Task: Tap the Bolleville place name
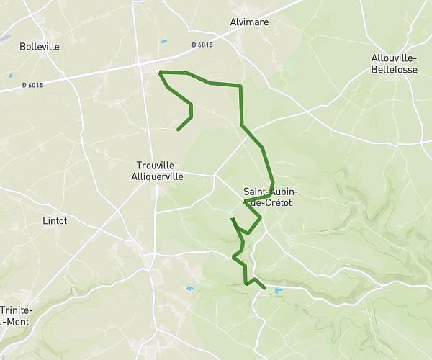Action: [40, 46]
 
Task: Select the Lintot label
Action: [55, 221]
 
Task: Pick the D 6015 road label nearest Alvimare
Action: [202, 45]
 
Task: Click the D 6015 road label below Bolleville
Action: [32, 85]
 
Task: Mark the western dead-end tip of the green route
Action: [178, 130]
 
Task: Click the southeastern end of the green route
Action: [265, 288]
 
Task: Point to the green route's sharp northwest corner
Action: [159, 72]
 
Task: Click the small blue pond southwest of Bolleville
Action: [11, 74]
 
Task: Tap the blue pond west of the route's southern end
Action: [190, 289]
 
